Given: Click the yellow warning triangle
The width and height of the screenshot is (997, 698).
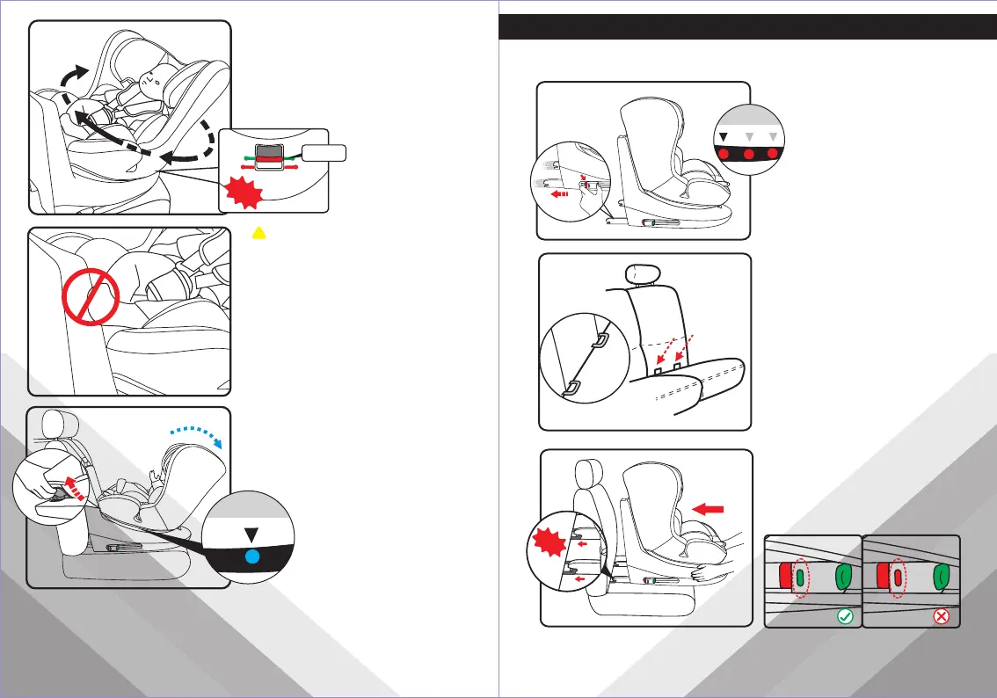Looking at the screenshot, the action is pos(258,231).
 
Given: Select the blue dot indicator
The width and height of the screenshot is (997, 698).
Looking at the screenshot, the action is pos(252,556).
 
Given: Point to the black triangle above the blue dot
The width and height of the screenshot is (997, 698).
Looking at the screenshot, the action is pos(252,534).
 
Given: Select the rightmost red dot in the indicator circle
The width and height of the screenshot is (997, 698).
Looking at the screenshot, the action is pos(773,154).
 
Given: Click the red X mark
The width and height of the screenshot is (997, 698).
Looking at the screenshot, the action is pos(942,617).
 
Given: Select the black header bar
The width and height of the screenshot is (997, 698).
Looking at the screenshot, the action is pos(747,26).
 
